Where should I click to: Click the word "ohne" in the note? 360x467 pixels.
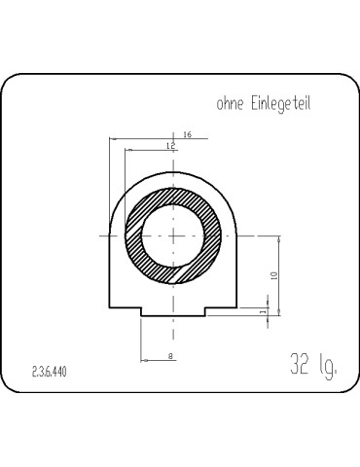tap(230, 104)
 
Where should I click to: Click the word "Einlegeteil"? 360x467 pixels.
tap(281, 104)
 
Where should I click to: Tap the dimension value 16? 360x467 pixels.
tap(188, 134)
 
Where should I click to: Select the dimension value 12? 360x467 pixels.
tap(171, 146)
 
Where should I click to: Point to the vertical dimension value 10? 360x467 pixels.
tap(274, 275)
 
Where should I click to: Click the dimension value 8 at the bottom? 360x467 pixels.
tap(170, 356)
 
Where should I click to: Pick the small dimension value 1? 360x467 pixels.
tap(264, 311)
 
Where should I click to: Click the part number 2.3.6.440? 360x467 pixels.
tap(50, 372)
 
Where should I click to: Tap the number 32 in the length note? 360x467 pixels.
tap(300, 363)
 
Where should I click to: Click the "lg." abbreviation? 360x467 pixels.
tap(328, 366)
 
